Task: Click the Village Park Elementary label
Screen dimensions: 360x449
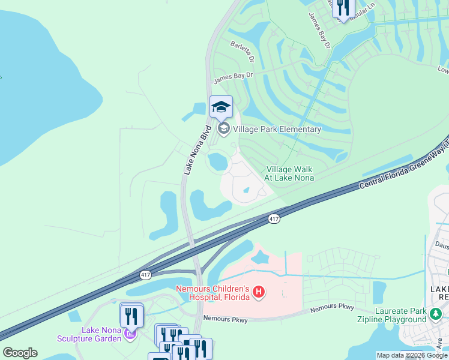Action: coord(277,128)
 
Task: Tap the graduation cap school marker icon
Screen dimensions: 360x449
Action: coord(221,107)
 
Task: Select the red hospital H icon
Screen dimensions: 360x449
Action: coord(259,292)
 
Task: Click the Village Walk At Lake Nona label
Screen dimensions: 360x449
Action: coord(290,173)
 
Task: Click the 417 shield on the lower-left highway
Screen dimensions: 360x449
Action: coord(145,274)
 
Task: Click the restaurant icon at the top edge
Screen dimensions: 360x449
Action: coord(343,7)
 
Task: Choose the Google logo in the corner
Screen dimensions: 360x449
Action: coord(20,352)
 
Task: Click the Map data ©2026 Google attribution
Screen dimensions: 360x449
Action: coord(412,355)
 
